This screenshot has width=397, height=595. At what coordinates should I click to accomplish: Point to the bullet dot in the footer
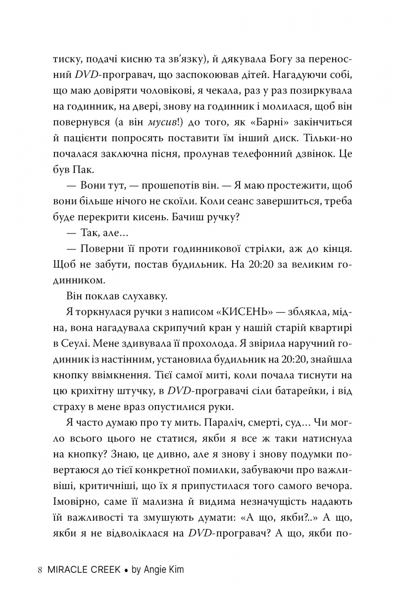(x=126, y=570)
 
